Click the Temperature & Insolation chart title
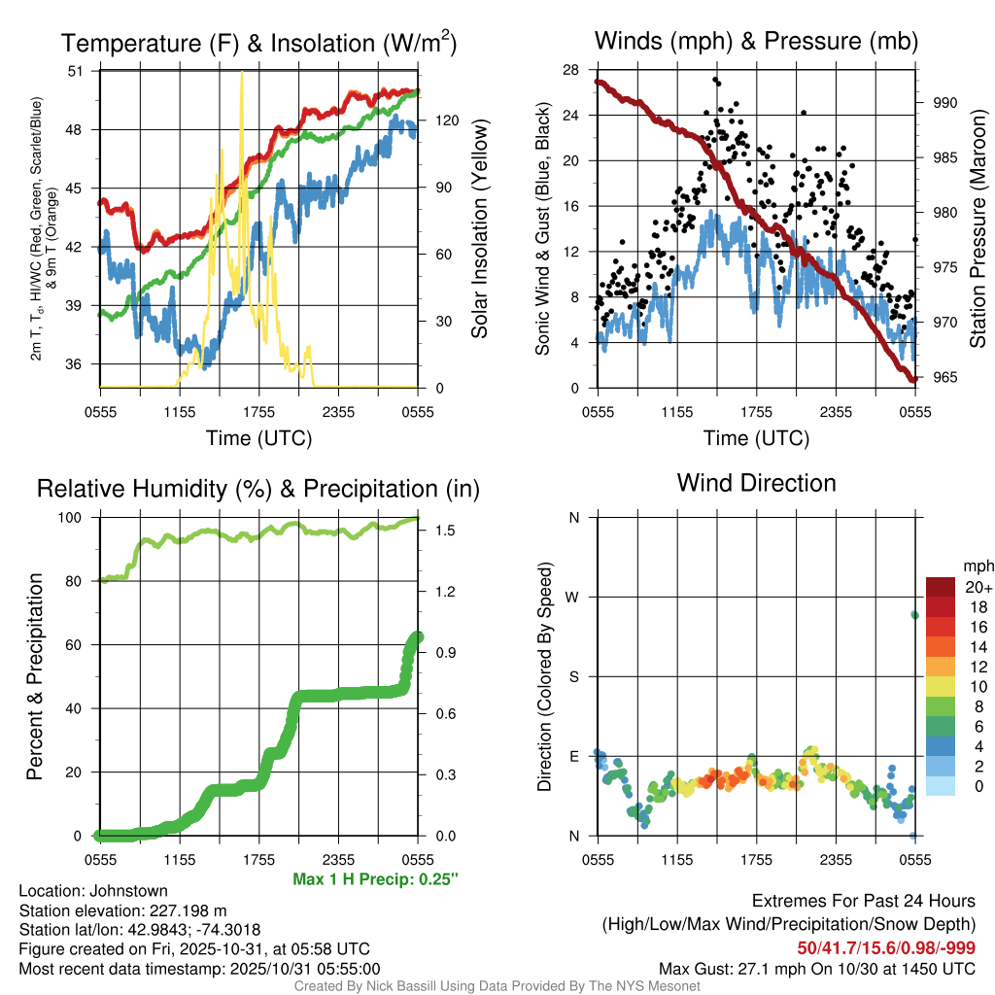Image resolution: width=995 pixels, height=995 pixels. (258, 43)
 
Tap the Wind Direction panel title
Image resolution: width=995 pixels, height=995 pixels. (756, 483)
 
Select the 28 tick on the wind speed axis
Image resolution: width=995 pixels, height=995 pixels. (571, 70)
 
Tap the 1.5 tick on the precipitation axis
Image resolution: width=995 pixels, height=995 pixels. (443, 531)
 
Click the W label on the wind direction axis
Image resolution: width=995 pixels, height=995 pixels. (573, 597)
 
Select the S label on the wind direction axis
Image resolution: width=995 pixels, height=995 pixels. (574, 676)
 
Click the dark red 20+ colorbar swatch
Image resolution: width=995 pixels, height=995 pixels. (941, 587)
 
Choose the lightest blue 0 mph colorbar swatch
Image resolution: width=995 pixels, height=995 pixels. (941, 785)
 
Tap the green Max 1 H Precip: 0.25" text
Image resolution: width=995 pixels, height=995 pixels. (375, 879)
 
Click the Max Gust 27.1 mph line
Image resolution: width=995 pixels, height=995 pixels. (816, 968)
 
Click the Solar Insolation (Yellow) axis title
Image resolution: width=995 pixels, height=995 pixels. (479, 228)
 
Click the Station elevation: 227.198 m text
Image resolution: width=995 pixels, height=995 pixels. (122, 909)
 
